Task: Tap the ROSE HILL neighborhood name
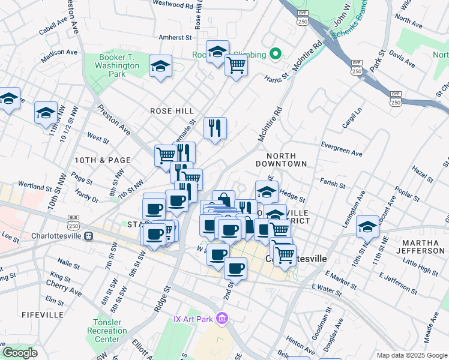[x=171, y=111]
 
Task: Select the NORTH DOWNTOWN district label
[x=281, y=160]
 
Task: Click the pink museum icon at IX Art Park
[x=221, y=317]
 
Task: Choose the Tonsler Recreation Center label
[x=107, y=331]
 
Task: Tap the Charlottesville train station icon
[x=88, y=236]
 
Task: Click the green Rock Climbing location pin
[x=276, y=55]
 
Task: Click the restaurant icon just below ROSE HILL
[x=214, y=128]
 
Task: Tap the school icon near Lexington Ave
[x=367, y=226]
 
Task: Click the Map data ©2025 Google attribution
[x=411, y=355]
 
